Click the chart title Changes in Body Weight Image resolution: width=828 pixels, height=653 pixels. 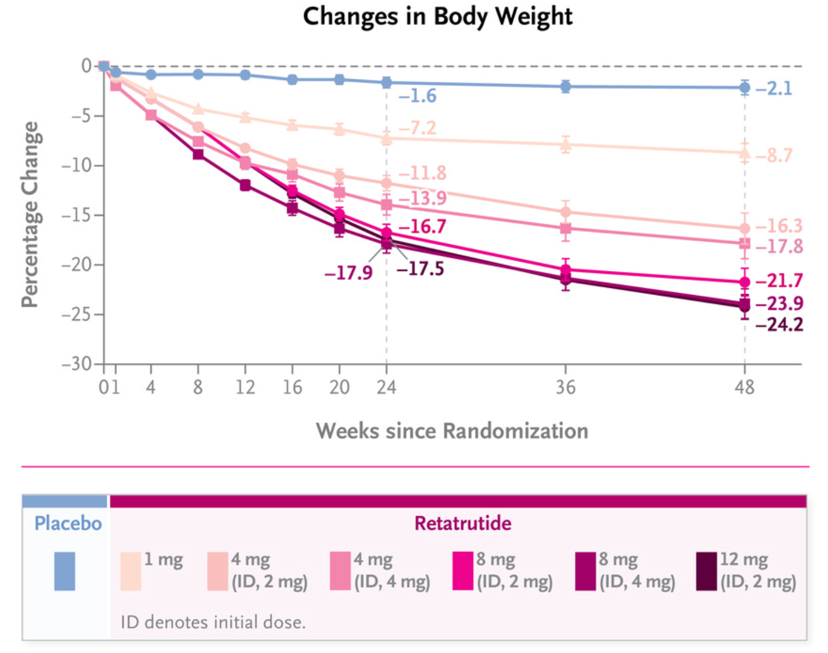[x=437, y=16]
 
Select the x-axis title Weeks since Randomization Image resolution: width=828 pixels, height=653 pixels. [x=452, y=431]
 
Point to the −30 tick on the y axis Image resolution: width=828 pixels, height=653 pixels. [x=77, y=364]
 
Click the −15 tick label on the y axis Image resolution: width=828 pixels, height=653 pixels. [x=77, y=215]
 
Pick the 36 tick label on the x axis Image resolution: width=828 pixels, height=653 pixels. [x=565, y=387]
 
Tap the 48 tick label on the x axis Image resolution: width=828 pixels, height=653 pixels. [x=744, y=387]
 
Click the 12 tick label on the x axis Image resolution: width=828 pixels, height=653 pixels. [x=245, y=387]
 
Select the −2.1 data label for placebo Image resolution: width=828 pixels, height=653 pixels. [x=774, y=89]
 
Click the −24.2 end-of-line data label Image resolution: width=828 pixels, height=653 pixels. [x=779, y=325]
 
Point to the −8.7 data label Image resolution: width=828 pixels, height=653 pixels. [x=774, y=156]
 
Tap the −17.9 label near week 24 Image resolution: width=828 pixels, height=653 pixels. [x=349, y=273]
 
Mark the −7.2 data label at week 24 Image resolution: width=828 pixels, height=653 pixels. [x=418, y=127]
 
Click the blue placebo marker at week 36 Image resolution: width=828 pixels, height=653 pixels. [x=565, y=86]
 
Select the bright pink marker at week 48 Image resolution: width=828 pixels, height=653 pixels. [x=744, y=282]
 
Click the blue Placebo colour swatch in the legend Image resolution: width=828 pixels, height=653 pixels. [x=65, y=571]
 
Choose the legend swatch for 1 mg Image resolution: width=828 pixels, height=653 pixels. [x=131, y=571]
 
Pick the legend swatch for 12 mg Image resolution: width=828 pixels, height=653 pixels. [x=707, y=571]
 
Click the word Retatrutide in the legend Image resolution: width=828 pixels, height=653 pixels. [x=462, y=523]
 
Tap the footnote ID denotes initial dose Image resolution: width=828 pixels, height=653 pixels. [x=213, y=622]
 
